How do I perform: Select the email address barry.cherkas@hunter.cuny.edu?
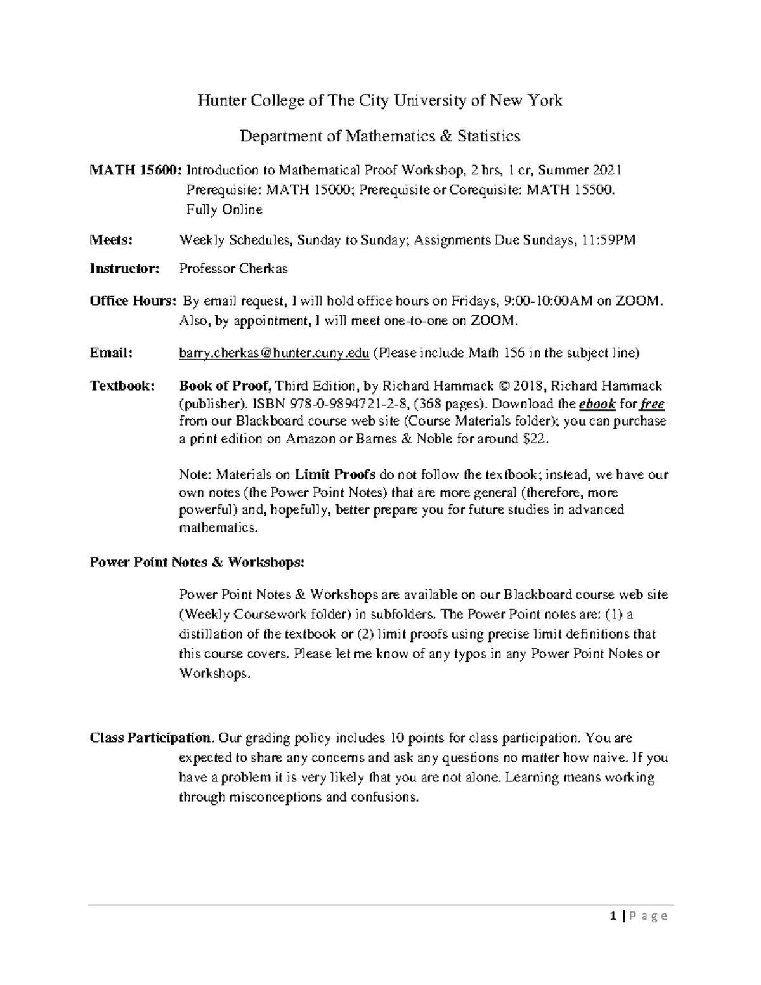(274, 353)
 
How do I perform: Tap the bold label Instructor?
(125, 268)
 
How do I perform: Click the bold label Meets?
(111, 240)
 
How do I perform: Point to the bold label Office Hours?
(133, 301)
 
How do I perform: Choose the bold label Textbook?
(122, 386)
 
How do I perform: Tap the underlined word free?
(652, 404)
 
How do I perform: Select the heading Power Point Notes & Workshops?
(197, 562)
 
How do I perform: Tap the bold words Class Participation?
(150, 738)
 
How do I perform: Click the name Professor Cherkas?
(233, 268)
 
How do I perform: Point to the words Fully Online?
(224, 209)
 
